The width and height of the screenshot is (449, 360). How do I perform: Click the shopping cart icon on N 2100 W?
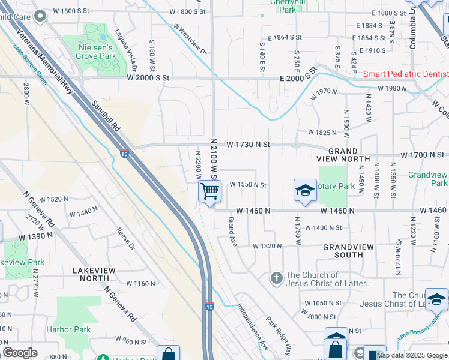tap(210, 191)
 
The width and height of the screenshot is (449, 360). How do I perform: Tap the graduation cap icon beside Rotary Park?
tap(305, 191)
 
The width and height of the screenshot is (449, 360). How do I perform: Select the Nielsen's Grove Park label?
tap(97, 51)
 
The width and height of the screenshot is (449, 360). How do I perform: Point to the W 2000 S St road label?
tap(148, 78)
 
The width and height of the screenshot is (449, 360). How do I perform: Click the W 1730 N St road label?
tap(249, 145)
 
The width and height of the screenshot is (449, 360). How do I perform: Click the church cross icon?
tap(276, 277)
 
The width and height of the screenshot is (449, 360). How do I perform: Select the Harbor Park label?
tap(68, 329)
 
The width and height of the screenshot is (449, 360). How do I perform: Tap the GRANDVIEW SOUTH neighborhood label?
tap(348, 251)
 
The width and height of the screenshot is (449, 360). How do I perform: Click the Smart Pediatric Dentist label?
tap(406, 74)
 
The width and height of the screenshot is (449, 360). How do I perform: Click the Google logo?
tap(20, 353)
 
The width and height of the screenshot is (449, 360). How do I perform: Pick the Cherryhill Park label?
tap(283, 6)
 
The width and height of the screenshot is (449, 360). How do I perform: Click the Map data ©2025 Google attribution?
tap(412, 355)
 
